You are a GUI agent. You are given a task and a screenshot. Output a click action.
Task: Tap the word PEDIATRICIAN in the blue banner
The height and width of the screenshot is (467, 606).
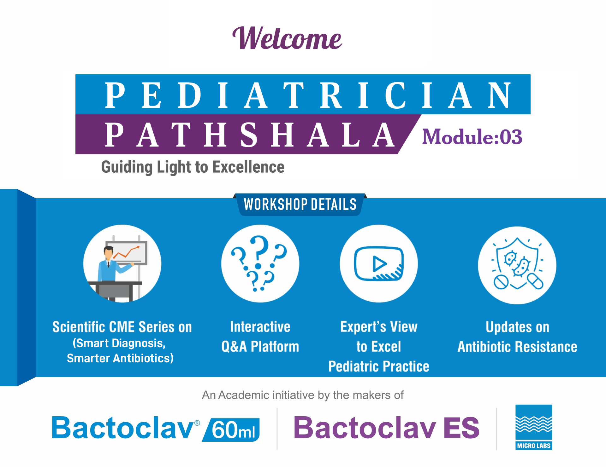(x=308, y=95)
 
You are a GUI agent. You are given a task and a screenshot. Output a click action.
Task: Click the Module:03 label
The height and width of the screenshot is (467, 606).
(x=472, y=137)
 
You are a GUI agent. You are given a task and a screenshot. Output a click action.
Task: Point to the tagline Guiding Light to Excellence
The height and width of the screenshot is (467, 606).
(x=193, y=167)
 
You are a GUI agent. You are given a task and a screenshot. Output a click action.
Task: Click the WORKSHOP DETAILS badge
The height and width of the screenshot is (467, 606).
(x=300, y=204)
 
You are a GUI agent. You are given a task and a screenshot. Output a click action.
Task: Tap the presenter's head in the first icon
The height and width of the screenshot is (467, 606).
(x=109, y=252)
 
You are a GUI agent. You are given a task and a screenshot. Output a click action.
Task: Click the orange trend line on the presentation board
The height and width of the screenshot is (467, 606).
(x=126, y=252)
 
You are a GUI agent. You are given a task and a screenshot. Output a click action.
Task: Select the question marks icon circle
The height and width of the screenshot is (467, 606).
(x=260, y=263)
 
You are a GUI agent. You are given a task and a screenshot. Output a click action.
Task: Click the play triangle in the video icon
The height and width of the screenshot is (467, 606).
(x=379, y=264)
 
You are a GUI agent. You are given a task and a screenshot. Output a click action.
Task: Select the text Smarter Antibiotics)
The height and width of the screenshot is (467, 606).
(x=120, y=358)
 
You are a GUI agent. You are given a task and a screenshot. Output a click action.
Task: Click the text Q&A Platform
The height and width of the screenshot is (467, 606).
(x=260, y=347)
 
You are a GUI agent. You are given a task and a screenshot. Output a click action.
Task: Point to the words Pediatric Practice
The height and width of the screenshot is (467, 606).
(x=379, y=366)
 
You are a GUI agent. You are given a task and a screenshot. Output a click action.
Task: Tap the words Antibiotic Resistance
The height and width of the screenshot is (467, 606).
(x=517, y=347)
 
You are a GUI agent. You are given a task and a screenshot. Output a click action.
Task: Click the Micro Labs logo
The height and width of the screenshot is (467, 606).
(x=534, y=427)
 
